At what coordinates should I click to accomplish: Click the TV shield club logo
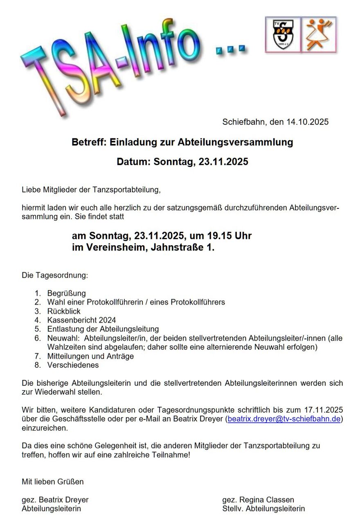[283, 34]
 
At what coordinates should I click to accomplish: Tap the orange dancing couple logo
[319, 34]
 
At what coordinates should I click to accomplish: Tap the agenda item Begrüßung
[66, 293]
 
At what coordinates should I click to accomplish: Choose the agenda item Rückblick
[64, 311]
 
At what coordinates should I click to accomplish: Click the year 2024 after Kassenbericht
[107, 320]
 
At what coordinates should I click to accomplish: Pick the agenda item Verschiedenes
[73, 365]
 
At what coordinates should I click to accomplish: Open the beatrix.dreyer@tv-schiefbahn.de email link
[284, 419]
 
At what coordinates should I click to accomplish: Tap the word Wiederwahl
[54, 392]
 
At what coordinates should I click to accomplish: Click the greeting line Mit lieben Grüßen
[52, 481]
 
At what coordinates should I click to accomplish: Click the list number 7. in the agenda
[38, 356]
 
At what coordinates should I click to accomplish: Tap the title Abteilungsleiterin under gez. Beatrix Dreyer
[51, 509]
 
